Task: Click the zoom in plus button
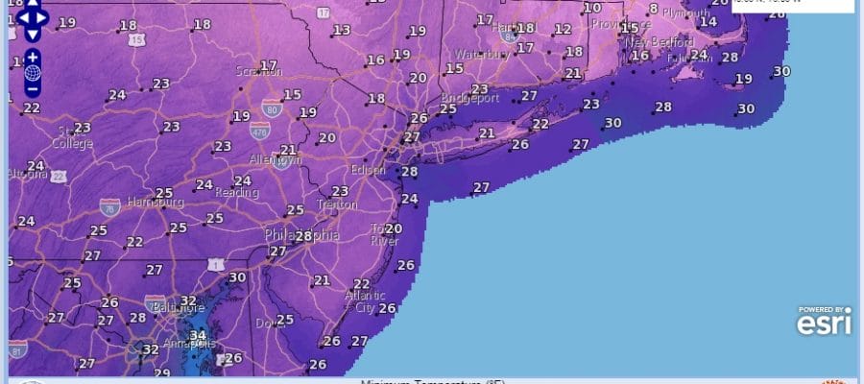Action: click(x=33, y=56)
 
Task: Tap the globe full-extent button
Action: click(x=33, y=72)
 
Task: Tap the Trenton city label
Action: click(x=337, y=204)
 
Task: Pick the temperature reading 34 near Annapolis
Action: click(x=199, y=334)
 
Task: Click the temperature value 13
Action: click(x=342, y=31)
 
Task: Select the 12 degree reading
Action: click(x=563, y=29)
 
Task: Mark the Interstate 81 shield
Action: click(x=18, y=352)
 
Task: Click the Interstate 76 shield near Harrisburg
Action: click(x=108, y=205)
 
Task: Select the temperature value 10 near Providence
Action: click(x=592, y=8)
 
